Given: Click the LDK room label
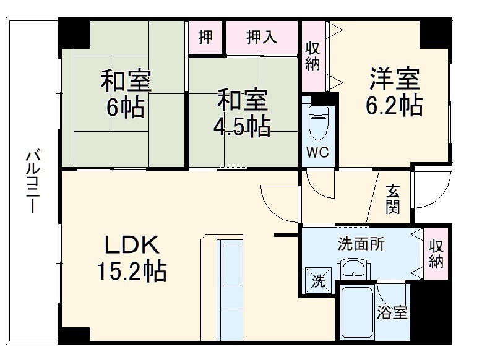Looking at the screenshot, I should point(132,246).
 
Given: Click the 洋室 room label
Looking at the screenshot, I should point(395,80).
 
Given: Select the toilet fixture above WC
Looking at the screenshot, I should point(319,121).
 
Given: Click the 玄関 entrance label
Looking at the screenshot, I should point(393,199).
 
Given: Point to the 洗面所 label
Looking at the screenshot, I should point(361,244).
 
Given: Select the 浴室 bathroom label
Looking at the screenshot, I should point(393,312).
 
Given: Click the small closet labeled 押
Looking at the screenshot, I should point(205,37).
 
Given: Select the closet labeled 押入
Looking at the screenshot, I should point(262,37).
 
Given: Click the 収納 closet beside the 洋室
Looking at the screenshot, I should point(312,56).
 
